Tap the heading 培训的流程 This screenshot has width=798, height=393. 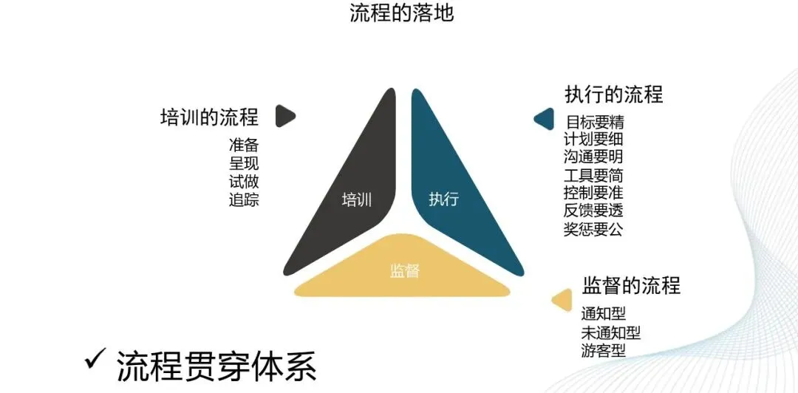point(209,117)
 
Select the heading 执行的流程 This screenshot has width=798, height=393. point(613,95)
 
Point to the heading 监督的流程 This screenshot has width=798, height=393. point(631,285)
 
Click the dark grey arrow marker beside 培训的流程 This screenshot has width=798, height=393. point(285,116)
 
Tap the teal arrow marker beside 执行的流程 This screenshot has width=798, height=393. point(545,118)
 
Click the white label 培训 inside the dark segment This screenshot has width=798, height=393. point(356,199)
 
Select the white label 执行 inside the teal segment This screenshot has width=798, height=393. point(443,199)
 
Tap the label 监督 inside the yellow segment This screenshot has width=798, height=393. point(404,270)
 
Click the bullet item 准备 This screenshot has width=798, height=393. point(244,146)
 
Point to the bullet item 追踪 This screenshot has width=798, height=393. point(244,199)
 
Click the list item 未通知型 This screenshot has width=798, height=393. point(610,332)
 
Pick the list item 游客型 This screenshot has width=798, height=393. point(603,350)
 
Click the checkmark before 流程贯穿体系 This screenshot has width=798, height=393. point(95,360)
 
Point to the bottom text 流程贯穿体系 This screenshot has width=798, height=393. point(216,365)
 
